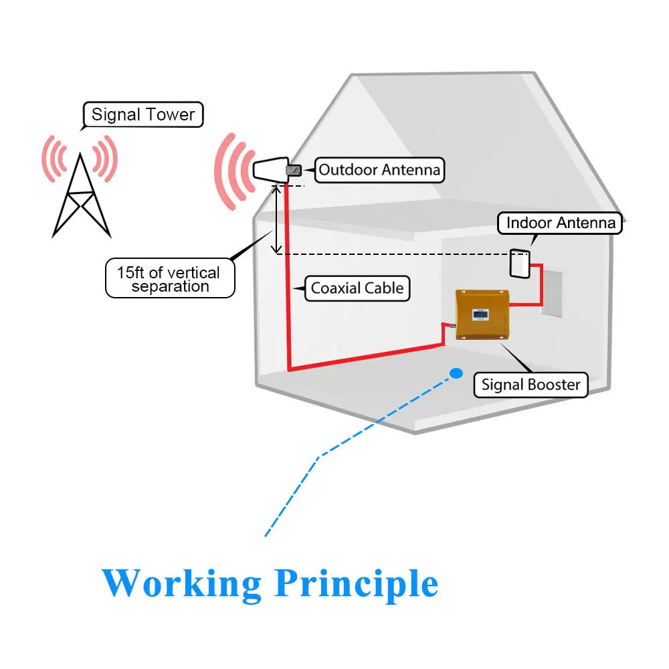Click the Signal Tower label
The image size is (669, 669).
click(x=143, y=114)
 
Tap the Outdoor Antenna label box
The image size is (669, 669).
click(x=379, y=170)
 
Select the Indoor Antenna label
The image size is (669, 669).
click(x=560, y=223)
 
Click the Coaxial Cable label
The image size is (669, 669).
click(x=357, y=288)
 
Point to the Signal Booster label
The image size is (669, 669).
click(x=531, y=385)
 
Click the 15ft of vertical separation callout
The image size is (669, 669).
click(x=170, y=278)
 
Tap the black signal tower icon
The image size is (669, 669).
click(x=81, y=195)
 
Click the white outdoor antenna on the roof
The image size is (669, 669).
click(x=271, y=169)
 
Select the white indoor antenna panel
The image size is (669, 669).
click(x=520, y=264)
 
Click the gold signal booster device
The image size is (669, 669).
click(x=482, y=315)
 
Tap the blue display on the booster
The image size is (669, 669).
click(x=480, y=315)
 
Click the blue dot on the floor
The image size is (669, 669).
click(x=456, y=374)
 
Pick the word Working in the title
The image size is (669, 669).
click(x=181, y=583)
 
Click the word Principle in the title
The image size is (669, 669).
click(x=357, y=583)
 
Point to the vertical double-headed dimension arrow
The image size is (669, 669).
click(x=277, y=219)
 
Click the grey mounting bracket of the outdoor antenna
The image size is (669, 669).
click(x=294, y=171)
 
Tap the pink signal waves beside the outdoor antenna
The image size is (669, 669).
click(x=233, y=171)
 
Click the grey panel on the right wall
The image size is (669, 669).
click(x=552, y=294)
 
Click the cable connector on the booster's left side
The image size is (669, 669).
click(x=450, y=326)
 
